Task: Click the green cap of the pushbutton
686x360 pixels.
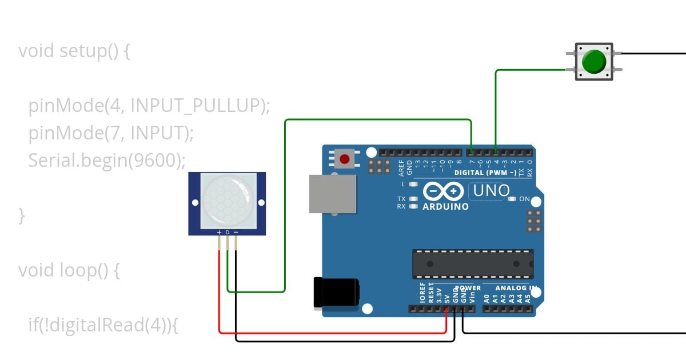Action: tap(594, 61)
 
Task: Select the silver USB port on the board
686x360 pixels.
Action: tap(332, 194)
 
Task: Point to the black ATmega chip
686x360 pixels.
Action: tap(473, 263)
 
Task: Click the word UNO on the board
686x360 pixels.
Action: tap(491, 191)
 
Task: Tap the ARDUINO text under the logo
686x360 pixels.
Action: tap(445, 206)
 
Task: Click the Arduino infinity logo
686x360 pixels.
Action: tap(443, 191)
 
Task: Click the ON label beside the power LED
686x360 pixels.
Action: tap(524, 199)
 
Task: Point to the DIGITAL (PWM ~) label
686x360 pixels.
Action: tap(485, 172)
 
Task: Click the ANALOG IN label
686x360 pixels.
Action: tap(516, 288)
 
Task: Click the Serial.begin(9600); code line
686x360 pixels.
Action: tap(107, 161)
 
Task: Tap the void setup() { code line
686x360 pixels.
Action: tap(74, 51)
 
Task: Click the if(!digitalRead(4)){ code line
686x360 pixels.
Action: tap(103, 325)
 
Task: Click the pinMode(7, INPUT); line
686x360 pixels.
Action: tap(111, 133)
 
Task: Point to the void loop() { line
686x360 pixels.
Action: tap(69, 270)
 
